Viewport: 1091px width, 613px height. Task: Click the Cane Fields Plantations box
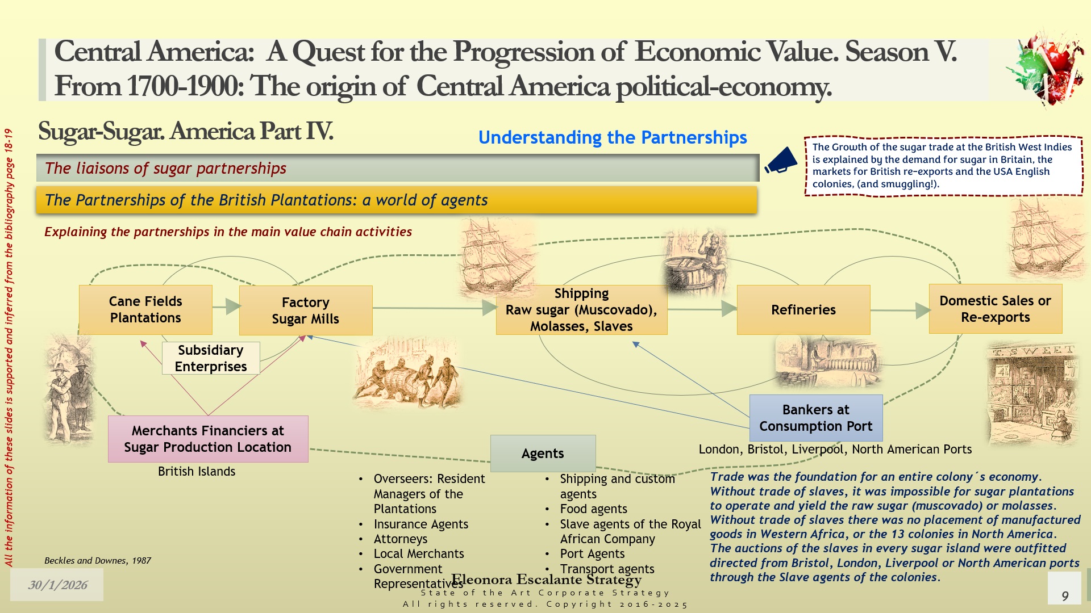coord(145,309)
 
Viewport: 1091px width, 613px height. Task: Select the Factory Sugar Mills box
coord(306,310)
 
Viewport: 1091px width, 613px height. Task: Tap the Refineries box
coord(803,310)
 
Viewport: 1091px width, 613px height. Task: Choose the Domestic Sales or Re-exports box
coord(996,309)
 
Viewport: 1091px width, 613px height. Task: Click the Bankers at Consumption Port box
coord(816,418)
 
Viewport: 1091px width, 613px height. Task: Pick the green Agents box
coord(543,454)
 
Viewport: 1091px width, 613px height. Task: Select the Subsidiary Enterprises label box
coord(211,358)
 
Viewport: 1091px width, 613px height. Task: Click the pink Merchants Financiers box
coord(208,439)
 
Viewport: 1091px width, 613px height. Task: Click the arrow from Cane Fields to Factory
coord(226,306)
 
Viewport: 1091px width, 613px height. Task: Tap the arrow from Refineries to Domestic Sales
coord(900,310)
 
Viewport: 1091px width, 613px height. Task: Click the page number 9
coord(1065,596)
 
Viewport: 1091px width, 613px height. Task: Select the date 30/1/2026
coord(58,585)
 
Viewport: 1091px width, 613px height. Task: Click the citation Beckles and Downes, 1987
coord(98,560)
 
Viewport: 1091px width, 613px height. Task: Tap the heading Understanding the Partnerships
coord(613,137)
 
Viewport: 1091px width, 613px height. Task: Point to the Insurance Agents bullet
coord(421,524)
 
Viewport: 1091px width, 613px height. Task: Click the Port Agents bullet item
coord(592,553)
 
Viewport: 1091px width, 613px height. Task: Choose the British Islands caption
coord(197,471)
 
